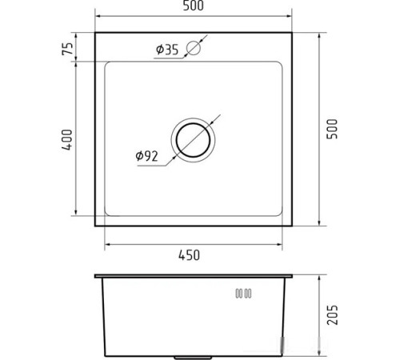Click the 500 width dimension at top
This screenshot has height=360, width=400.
[194, 6]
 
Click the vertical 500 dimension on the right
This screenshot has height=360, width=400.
[332, 129]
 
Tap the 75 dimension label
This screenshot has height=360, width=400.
[67, 49]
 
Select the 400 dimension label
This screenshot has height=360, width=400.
[67, 140]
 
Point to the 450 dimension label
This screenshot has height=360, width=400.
[189, 255]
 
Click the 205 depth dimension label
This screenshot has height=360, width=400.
[332, 315]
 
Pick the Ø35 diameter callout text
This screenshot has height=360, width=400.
[167, 50]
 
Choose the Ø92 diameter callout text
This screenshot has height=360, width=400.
[146, 156]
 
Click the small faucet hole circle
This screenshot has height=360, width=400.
[194, 48]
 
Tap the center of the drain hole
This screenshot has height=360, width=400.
[193, 140]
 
